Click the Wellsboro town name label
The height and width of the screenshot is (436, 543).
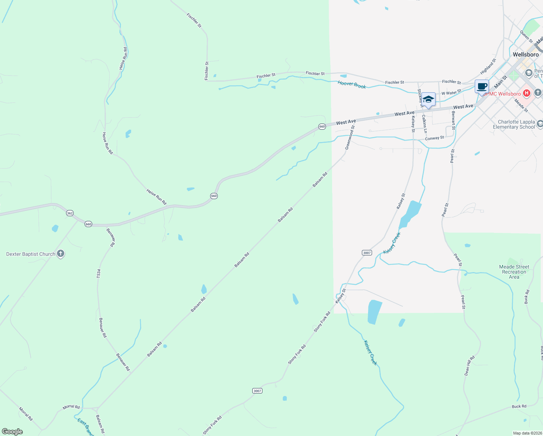tap(526, 54)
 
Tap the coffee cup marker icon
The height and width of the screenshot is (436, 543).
tap(482, 87)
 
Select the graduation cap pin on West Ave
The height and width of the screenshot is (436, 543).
tap(428, 99)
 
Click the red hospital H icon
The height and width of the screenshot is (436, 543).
tap(527, 94)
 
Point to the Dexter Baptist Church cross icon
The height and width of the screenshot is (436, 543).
tap(61, 254)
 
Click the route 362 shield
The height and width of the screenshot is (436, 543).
tap(70, 213)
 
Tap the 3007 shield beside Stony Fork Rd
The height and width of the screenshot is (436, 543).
tap(257, 391)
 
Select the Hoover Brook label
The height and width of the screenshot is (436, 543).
tap(352, 85)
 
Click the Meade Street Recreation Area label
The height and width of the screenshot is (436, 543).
tap(514, 272)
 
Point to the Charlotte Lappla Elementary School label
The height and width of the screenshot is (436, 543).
tap(514, 124)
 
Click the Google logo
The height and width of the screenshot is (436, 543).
tap(12, 432)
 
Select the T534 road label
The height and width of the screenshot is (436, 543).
tap(98, 274)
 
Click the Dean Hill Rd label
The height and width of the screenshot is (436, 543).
tap(469, 366)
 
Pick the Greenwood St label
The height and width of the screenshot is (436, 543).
tap(350, 138)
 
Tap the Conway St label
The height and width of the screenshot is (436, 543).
tap(434, 138)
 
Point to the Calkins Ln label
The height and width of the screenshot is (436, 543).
tap(424, 124)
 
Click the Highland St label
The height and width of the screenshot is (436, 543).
tap(488, 66)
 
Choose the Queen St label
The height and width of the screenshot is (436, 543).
tap(526, 37)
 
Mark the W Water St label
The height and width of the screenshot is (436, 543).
tap(451, 93)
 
